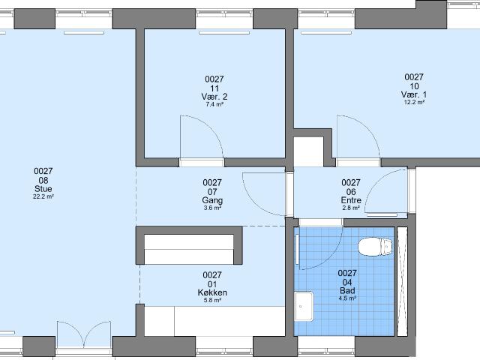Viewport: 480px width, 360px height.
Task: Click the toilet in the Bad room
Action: (375, 247)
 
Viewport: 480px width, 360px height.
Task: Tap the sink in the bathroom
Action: (304, 306)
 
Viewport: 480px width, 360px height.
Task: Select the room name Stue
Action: (43, 188)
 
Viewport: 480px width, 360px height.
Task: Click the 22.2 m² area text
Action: (43, 196)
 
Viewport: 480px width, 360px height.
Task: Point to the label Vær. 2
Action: (214, 97)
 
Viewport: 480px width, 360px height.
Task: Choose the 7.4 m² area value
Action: (214, 104)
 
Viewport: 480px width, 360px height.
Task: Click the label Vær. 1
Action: (414, 94)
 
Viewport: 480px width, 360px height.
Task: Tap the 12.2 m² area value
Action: (414, 102)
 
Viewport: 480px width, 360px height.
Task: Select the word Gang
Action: (212, 200)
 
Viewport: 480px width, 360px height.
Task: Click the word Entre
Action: (351, 200)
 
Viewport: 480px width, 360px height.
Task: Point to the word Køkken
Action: (212, 292)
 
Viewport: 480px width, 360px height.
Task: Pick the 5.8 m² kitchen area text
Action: (212, 300)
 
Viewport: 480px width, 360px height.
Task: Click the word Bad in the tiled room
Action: (347, 290)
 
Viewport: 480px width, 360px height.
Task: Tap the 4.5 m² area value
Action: (347, 298)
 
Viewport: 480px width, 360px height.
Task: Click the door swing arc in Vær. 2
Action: (211, 127)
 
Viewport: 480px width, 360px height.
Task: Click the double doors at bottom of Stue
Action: (84, 334)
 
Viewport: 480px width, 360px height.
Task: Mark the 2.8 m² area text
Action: (351, 208)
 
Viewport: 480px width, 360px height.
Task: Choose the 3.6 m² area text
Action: (212, 208)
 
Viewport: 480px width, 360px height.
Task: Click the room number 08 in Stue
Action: (43, 180)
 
